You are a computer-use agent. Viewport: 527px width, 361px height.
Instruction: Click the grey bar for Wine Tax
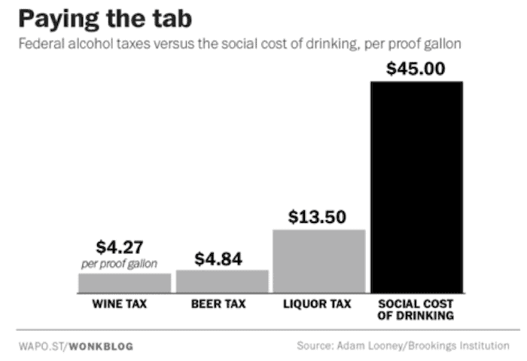pyautogui.click(x=124, y=283)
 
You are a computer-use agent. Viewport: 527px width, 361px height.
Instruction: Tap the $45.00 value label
pyautogui.click(x=416, y=69)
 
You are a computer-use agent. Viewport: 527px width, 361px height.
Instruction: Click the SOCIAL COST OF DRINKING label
pyautogui.click(x=415, y=310)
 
